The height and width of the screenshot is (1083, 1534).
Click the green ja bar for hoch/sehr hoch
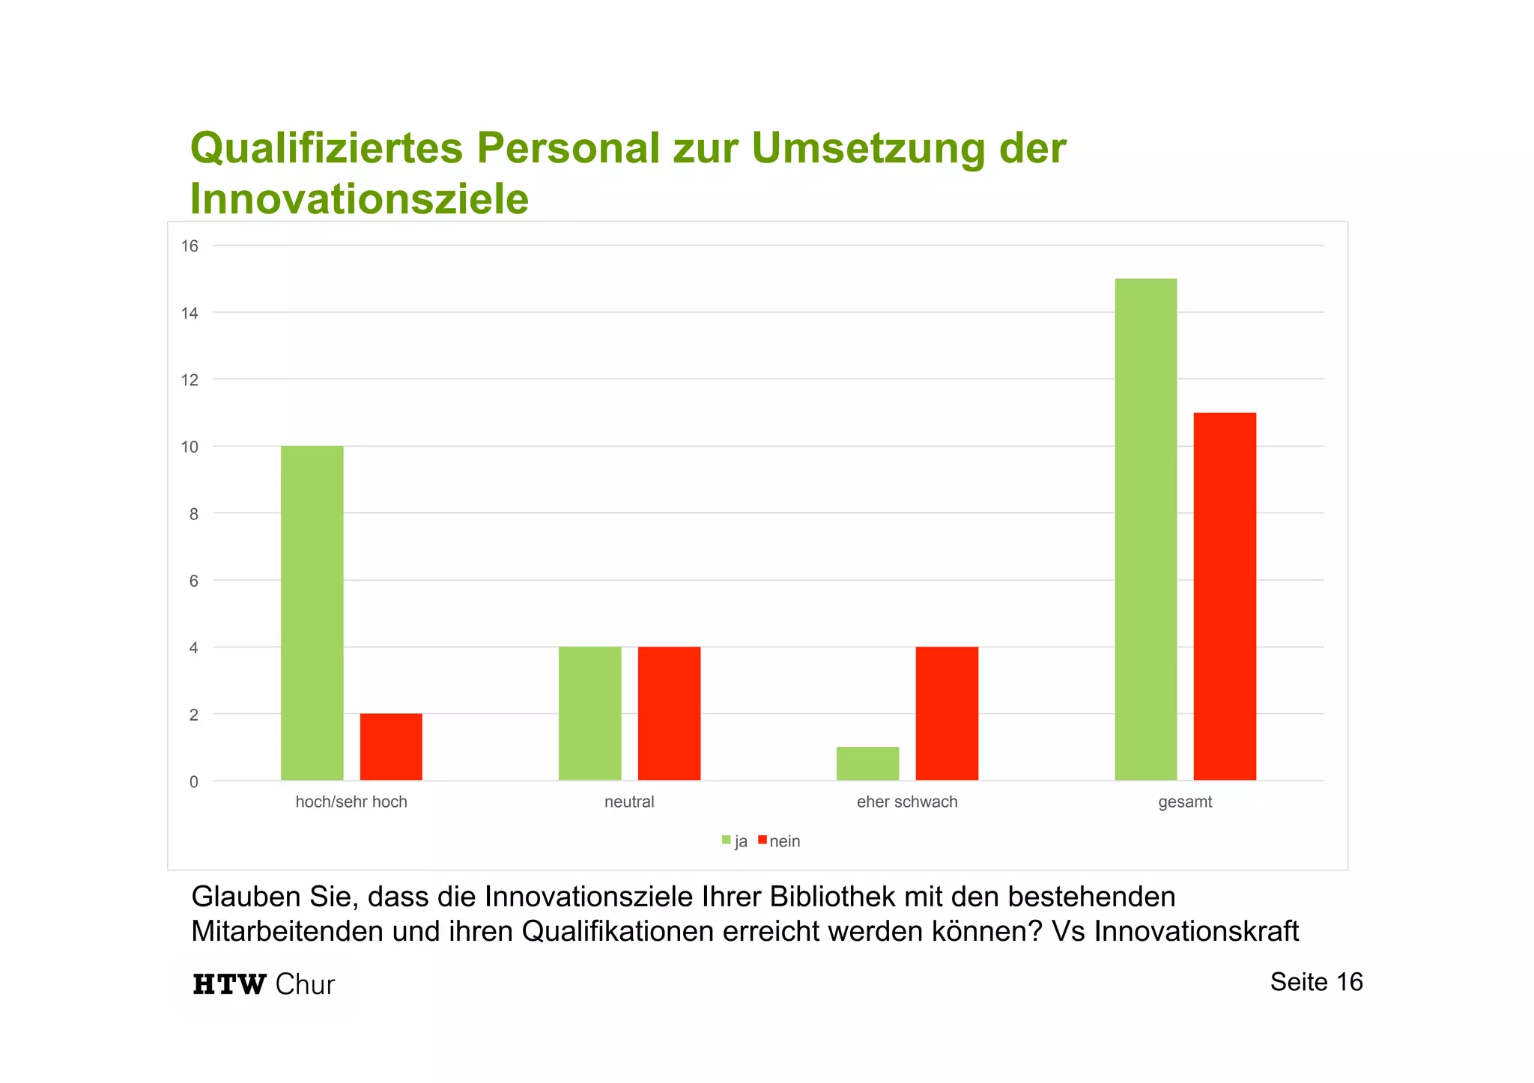tap(312, 613)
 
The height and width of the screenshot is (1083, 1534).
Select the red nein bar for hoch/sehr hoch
tap(391, 747)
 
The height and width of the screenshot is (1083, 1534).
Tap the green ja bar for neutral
tap(589, 713)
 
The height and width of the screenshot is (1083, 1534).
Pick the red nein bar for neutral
tap(669, 713)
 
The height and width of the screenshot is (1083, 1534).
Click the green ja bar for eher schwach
tap(867, 763)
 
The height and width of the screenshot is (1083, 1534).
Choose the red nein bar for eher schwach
tap(947, 713)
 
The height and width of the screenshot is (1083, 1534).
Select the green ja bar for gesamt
tap(1145, 529)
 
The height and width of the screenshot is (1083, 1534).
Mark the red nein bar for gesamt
tap(1225, 597)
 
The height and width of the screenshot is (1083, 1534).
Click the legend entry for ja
tap(735, 841)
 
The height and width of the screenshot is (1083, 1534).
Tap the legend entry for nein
tap(779, 841)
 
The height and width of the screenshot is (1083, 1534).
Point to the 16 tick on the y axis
tap(190, 246)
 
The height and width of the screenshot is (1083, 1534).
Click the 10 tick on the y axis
tap(190, 448)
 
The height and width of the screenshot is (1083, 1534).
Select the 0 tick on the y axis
tap(194, 782)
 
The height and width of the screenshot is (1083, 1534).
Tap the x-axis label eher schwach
tap(907, 802)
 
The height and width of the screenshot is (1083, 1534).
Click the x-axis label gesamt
tap(1185, 802)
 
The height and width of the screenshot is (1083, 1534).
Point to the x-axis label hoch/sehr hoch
tap(351, 802)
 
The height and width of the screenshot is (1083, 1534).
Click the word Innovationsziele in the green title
tap(359, 199)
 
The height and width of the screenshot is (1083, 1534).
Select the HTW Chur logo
tap(264, 984)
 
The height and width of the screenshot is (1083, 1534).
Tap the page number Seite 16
tap(1316, 982)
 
